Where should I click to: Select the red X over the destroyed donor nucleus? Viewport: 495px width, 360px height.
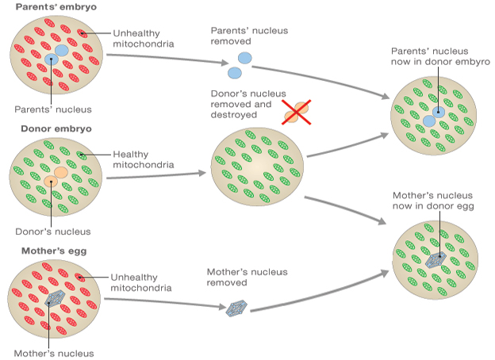click(297, 113)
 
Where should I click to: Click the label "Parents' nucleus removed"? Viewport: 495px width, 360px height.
click(248, 36)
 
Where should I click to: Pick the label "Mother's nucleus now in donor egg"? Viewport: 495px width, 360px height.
click(433, 201)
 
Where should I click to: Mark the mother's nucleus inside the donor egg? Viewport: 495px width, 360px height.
click(436, 257)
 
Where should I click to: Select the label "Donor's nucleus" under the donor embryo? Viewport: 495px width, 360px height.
click(53, 232)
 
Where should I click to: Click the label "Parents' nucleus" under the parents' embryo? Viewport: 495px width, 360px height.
click(53, 109)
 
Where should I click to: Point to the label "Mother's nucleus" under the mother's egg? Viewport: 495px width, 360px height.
click(53, 353)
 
